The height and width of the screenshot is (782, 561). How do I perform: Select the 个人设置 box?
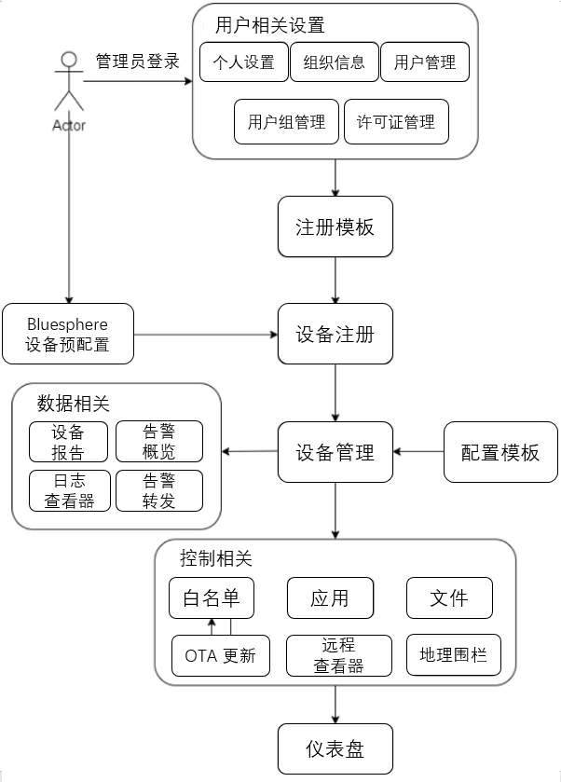pos(244,62)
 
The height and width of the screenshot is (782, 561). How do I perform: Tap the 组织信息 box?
pos(335,62)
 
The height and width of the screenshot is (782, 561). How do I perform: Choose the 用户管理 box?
pos(425,62)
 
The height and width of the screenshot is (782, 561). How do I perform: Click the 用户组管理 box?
pos(286,122)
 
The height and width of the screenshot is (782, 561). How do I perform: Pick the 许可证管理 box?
pos(396,122)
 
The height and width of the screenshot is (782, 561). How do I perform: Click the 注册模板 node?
pos(335,226)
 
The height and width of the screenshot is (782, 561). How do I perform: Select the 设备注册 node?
pos(335,334)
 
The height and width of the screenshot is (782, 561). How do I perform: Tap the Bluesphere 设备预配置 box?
pos(68,335)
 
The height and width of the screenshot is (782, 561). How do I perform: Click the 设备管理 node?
pos(335,452)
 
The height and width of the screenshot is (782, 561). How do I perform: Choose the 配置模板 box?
pos(500,452)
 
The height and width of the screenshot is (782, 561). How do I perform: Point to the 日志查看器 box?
pos(70,490)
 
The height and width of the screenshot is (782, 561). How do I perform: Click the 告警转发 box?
pos(158,490)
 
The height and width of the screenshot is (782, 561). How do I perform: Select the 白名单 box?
pos(212,597)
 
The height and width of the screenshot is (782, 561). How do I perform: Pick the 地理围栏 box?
pos(453,655)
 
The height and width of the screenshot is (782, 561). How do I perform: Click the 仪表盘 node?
pos(335,749)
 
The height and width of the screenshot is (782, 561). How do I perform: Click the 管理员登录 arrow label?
pos(137,62)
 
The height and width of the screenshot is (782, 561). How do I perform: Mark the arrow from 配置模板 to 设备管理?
pos(418,452)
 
